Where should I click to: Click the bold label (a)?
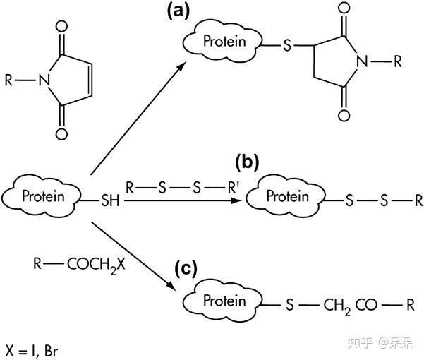(x=178, y=12)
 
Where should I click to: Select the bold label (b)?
(x=247, y=163)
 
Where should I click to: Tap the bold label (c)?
(x=186, y=269)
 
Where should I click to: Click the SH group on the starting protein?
(x=110, y=200)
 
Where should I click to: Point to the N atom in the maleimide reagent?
(x=44, y=80)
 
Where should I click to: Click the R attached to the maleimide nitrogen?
(x=8, y=80)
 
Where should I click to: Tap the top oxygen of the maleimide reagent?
(x=61, y=27)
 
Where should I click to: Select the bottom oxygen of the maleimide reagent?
(x=61, y=134)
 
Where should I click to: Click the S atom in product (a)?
(x=287, y=45)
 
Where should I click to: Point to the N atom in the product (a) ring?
(x=363, y=61)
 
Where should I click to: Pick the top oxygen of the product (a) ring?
(x=344, y=8)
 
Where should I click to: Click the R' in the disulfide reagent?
(x=232, y=187)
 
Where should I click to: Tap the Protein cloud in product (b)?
(x=286, y=196)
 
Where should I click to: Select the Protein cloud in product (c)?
(x=223, y=301)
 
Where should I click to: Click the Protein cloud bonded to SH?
(x=42, y=196)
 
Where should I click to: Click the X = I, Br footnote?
(x=32, y=351)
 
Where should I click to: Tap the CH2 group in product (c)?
(x=337, y=306)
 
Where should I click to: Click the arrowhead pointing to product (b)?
(x=236, y=200)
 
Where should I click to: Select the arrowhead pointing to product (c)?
(x=172, y=287)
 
